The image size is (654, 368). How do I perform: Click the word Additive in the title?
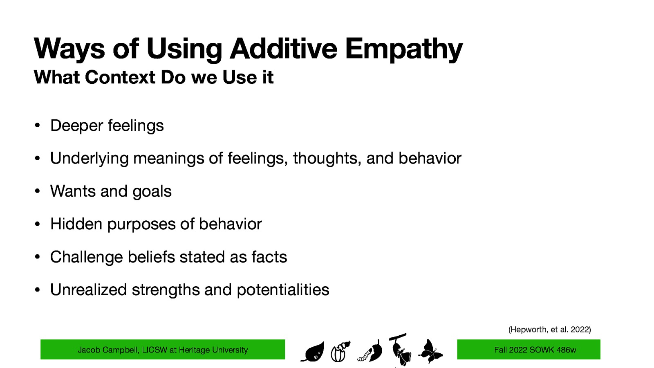click(x=283, y=49)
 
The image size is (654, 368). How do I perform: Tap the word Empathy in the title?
click(x=403, y=49)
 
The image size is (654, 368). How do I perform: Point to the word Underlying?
click(x=89, y=159)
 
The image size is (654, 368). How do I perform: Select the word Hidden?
click(x=76, y=224)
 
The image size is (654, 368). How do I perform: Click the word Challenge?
click(x=86, y=257)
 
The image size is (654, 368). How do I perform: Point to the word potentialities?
click(x=283, y=290)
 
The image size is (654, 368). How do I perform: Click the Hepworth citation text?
click(x=549, y=330)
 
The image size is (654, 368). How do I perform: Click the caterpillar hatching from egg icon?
click(x=340, y=351)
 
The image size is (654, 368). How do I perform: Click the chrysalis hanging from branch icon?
click(x=400, y=350)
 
